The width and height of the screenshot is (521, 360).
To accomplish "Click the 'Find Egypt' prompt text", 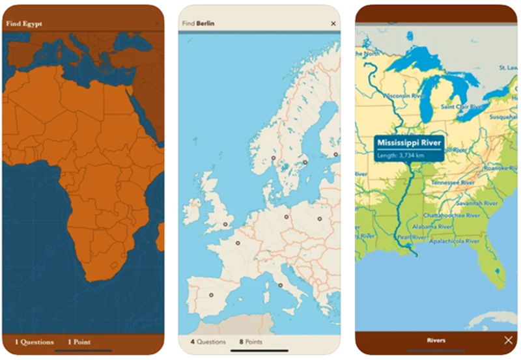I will click(24, 24).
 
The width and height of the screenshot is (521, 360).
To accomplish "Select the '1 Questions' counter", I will click(35, 342).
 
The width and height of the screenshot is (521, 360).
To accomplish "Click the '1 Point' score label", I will click(79, 342).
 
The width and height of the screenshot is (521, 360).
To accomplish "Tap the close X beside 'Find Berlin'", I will click(333, 23).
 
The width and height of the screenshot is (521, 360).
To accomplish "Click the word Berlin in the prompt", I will click(207, 23).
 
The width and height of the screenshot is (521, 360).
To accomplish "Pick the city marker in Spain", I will click(210, 295).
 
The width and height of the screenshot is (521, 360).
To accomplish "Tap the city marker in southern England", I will click(225, 225).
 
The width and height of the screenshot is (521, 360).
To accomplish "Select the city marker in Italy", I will click(280, 285).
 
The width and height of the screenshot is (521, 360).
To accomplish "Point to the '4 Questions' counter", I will click(208, 342).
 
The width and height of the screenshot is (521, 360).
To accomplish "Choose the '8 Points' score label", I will click(251, 342).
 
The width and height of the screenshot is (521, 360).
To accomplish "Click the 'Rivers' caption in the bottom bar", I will click(436, 340).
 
